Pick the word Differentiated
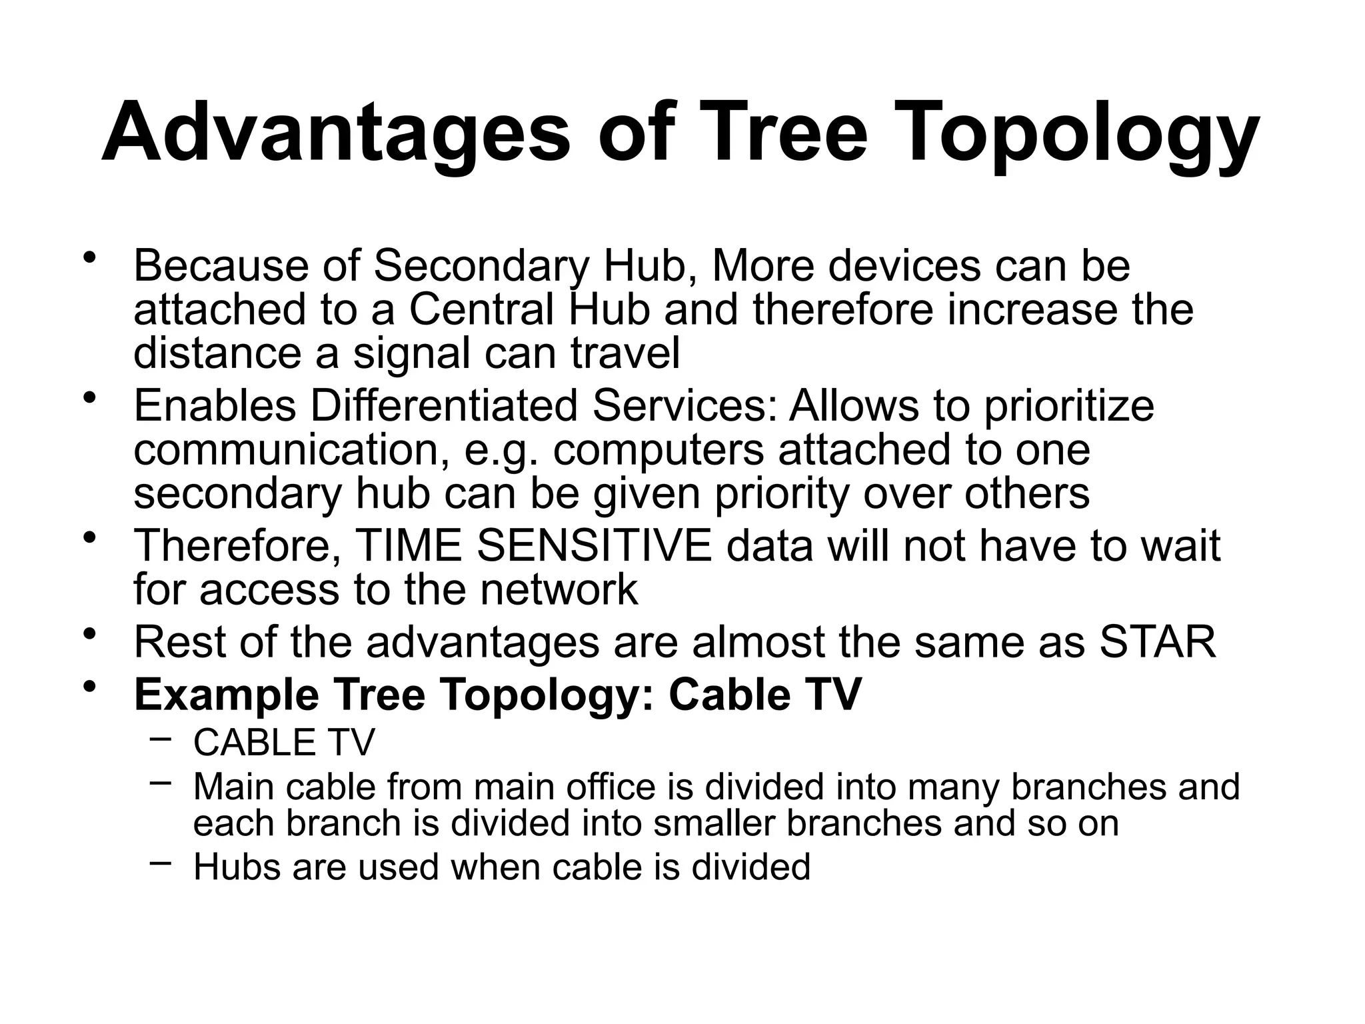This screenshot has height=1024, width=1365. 443,406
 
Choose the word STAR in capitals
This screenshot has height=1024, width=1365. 1157,642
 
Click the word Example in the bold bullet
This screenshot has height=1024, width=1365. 227,695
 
